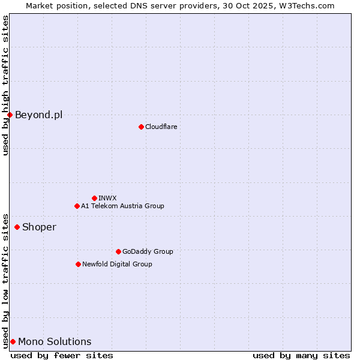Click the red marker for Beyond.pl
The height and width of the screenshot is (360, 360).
(x=10, y=115)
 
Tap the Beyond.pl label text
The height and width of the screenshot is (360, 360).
(x=38, y=115)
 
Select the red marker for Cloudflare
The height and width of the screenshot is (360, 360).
(x=141, y=127)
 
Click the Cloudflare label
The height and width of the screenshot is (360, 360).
(x=161, y=127)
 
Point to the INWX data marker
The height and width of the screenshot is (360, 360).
(x=94, y=198)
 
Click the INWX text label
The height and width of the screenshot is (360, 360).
(x=107, y=198)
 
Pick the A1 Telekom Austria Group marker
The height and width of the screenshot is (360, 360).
(x=77, y=206)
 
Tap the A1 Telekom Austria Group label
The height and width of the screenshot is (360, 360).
(x=122, y=206)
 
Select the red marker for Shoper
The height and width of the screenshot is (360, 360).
(x=17, y=227)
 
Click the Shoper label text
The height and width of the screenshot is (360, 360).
(x=39, y=227)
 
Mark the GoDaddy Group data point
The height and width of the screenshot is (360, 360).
(x=118, y=251)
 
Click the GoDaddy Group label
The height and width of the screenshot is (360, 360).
(x=148, y=251)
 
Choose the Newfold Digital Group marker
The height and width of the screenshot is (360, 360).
(x=78, y=264)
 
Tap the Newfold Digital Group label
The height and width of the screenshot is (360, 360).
(x=117, y=264)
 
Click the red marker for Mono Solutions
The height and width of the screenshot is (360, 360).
(x=13, y=341)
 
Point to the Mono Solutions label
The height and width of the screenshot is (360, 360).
(x=55, y=342)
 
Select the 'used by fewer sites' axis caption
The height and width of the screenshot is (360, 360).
(x=62, y=355)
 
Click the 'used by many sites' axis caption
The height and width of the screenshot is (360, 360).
(x=301, y=355)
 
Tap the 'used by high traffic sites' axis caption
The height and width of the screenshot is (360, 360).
(x=5, y=85)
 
